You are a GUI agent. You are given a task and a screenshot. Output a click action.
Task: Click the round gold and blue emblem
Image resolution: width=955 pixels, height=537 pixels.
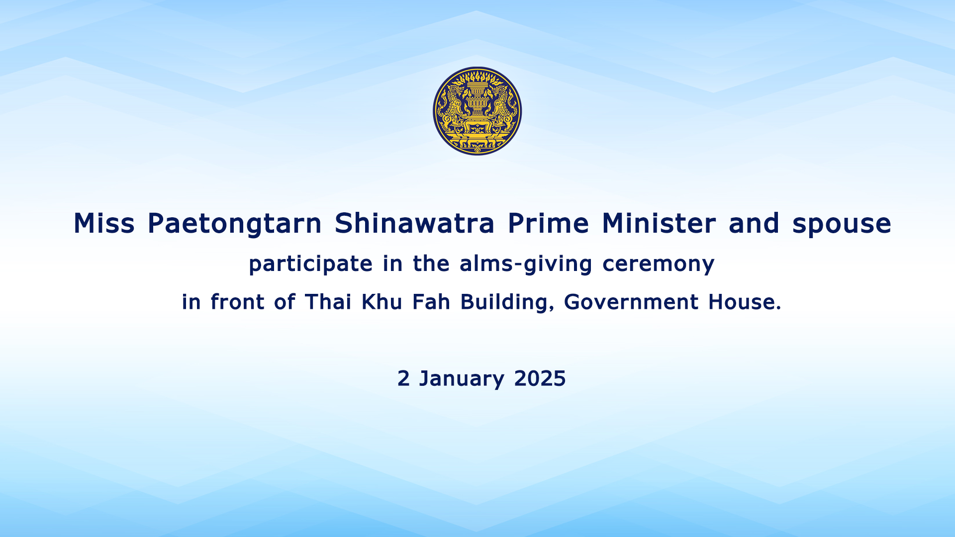click(477, 111)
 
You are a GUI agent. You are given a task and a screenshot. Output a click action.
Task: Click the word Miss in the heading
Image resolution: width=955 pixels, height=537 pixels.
click(104, 223)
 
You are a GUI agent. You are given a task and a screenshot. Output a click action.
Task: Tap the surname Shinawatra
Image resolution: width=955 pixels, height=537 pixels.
click(414, 223)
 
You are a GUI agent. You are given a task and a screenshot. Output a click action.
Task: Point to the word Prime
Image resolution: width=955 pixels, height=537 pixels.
click(548, 223)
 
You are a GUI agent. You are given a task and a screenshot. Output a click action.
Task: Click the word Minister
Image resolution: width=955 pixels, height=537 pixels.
click(659, 223)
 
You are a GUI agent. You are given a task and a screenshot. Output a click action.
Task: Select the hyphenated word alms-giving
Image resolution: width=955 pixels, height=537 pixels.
click(526, 264)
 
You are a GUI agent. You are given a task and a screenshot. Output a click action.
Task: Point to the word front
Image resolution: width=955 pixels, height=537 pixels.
click(237, 302)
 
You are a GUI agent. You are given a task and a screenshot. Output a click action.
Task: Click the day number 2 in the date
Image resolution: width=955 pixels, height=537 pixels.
click(403, 378)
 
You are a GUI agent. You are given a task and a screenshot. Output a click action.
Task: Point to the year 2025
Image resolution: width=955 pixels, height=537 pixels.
click(540, 378)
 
